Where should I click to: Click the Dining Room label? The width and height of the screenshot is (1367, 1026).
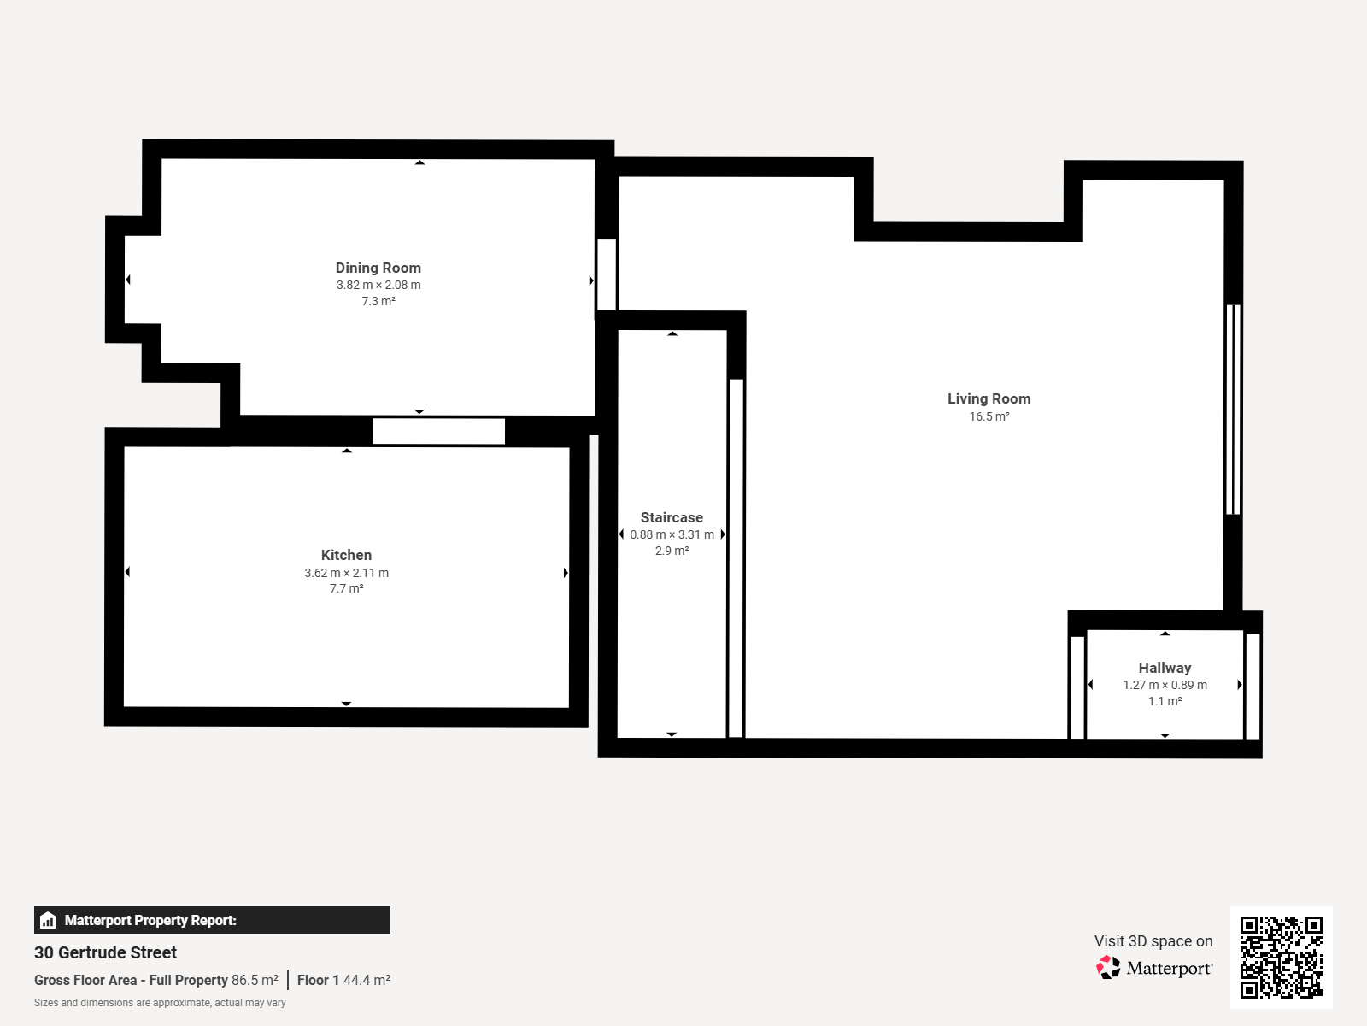(x=378, y=268)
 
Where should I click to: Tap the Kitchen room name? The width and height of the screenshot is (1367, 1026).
(x=346, y=555)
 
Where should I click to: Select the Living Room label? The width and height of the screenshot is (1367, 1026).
(x=989, y=398)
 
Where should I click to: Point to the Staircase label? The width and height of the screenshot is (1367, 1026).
(x=672, y=517)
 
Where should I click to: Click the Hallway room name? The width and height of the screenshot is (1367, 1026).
(x=1165, y=668)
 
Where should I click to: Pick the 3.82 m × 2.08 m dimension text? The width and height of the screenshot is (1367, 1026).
(x=378, y=285)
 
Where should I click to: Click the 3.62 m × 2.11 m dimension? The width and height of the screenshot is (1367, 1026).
(x=346, y=573)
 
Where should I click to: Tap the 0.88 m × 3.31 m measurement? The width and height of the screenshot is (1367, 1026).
(x=672, y=534)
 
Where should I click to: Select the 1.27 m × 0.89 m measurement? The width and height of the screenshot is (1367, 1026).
(x=1165, y=685)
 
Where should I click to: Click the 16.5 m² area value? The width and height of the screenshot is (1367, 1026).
(x=989, y=416)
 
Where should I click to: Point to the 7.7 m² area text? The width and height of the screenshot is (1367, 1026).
(x=346, y=588)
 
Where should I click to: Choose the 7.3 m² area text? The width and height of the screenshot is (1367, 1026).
(x=378, y=301)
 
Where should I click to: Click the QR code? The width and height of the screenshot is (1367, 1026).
(x=1281, y=957)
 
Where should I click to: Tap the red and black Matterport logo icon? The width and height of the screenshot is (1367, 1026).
(x=1108, y=968)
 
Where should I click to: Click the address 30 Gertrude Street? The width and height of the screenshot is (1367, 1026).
(x=105, y=952)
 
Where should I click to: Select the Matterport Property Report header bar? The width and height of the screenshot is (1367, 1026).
(x=212, y=919)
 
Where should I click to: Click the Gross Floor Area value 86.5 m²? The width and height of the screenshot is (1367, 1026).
(x=255, y=980)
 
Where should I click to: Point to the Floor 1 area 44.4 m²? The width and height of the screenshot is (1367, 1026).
(x=367, y=980)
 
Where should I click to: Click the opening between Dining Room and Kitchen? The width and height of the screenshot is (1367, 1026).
(x=438, y=431)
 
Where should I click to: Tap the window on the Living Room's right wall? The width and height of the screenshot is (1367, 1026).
(x=1233, y=410)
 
